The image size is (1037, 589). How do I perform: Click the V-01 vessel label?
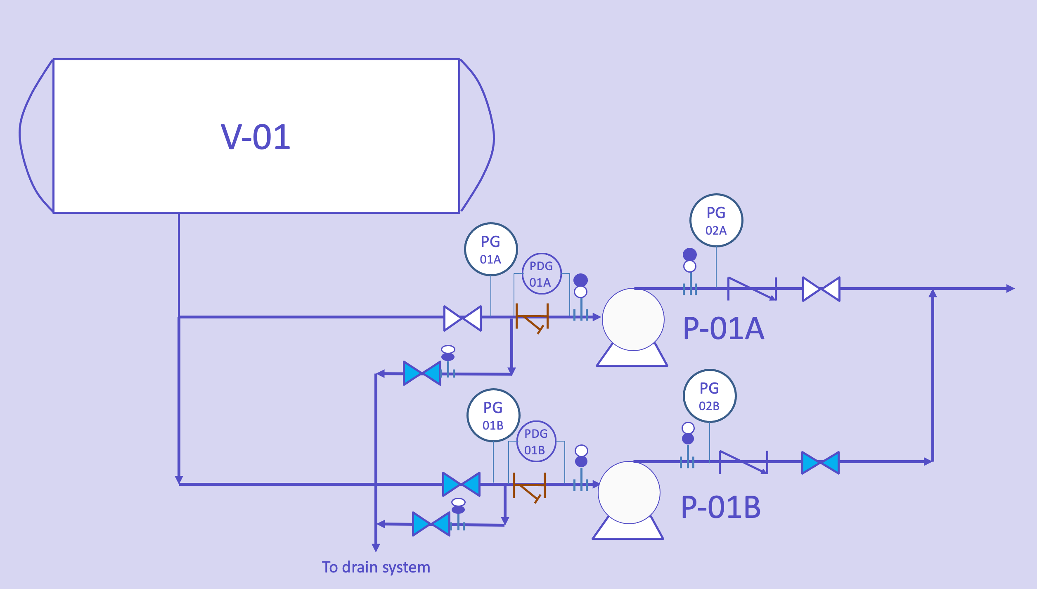pyautogui.click(x=256, y=137)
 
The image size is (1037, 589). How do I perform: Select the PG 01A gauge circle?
pyautogui.click(x=491, y=249)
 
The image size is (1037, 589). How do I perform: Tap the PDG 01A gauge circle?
pyautogui.click(x=541, y=273)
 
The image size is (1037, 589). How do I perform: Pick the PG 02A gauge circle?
pyautogui.click(x=716, y=221)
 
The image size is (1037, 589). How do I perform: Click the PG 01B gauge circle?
pyautogui.click(x=493, y=416)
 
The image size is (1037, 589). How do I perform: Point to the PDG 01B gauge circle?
pyautogui.click(x=536, y=441)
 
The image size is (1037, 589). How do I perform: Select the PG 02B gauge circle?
pyautogui.click(x=709, y=396)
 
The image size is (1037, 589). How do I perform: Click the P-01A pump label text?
pyautogui.click(x=723, y=329)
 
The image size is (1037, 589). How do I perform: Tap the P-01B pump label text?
pyautogui.click(x=720, y=507)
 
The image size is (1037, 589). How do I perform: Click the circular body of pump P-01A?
pyautogui.click(x=633, y=319)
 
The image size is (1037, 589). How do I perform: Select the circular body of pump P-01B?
pyautogui.click(x=629, y=492)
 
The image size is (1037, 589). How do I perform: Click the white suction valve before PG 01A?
pyautogui.click(x=462, y=318)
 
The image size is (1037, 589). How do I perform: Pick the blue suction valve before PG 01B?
pyautogui.click(x=461, y=484)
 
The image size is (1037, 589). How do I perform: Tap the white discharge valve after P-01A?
pyautogui.click(x=821, y=289)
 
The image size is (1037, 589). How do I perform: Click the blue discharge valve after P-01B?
pyautogui.click(x=820, y=463)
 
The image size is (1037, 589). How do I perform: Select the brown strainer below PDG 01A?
pyautogui.click(x=532, y=319)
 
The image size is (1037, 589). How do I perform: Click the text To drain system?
pyautogui.click(x=376, y=567)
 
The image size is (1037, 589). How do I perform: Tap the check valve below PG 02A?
pyautogui.click(x=752, y=289)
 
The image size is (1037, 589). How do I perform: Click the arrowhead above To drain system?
pyautogui.click(x=376, y=547)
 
